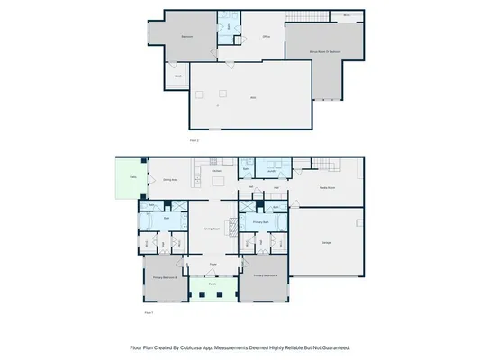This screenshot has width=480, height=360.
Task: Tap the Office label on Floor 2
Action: (x=267, y=37)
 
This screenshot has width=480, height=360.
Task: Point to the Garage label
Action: (x=326, y=243)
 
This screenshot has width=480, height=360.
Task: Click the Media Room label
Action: (x=329, y=188)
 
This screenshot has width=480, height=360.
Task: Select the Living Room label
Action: (x=213, y=229)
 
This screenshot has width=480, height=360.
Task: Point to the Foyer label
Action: (x=213, y=264)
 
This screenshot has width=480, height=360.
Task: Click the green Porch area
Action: (x=213, y=290)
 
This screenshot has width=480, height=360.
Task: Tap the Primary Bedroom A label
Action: (x=267, y=274)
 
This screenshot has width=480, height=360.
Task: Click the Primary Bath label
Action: (x=260, y=220)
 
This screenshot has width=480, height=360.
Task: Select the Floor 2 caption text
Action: (x=194, y=141)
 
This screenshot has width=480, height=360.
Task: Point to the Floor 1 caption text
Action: (x=149, y=312)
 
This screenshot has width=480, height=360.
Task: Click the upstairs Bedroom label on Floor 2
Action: (x=188, y=37)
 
